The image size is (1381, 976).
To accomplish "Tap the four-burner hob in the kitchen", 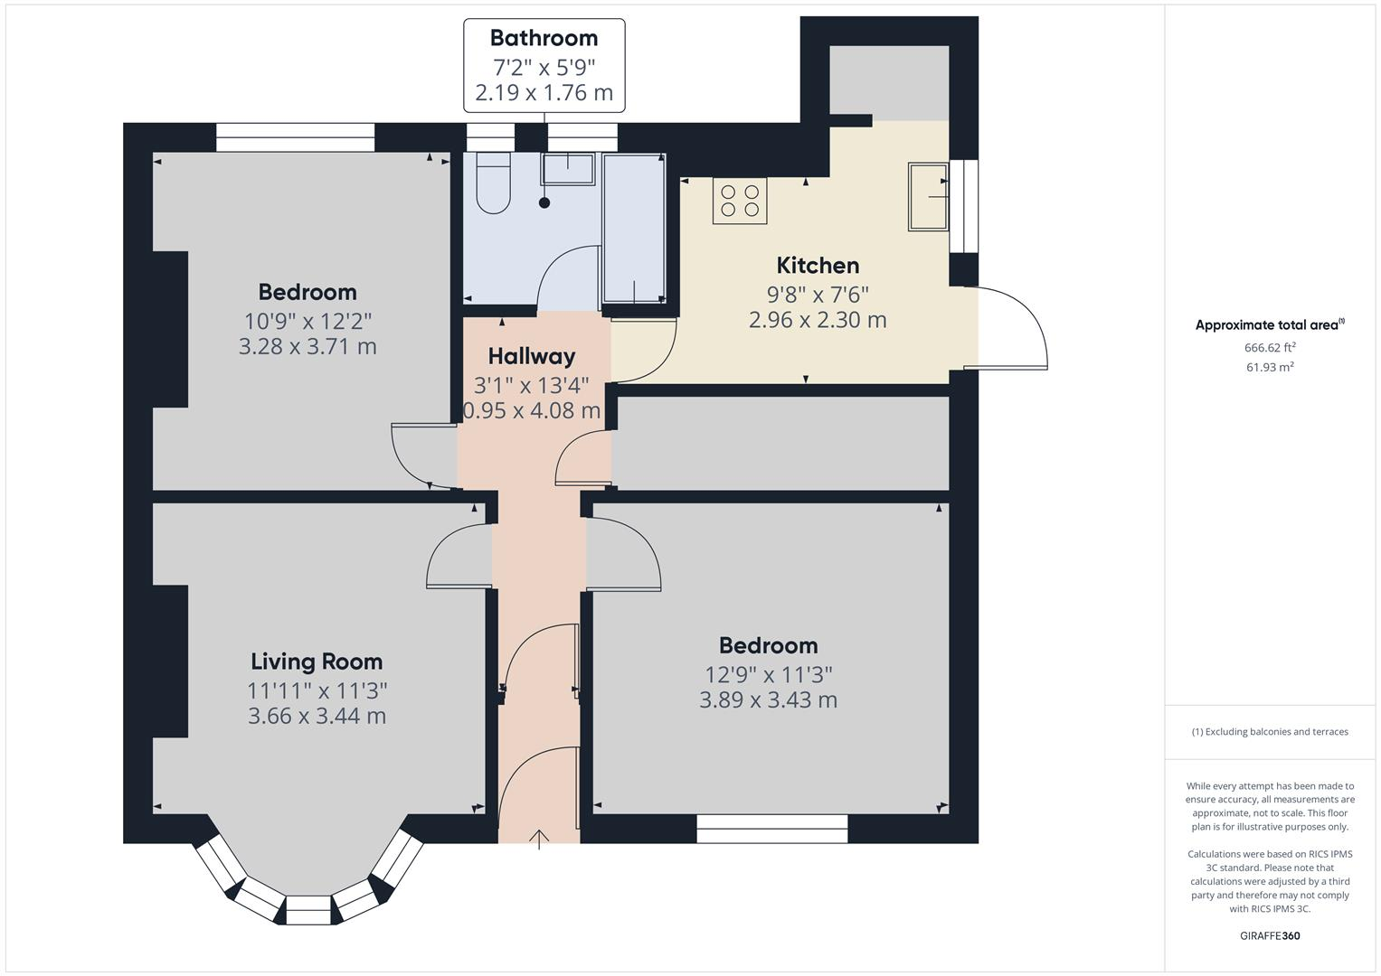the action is (740, 201).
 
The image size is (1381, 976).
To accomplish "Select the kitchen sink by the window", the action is (928, 197).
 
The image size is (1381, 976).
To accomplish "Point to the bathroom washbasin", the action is (568, 169).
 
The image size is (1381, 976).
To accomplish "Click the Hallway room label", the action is (532, 356).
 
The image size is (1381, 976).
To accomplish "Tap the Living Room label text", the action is (317, 662).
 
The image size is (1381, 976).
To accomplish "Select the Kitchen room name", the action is (818, 266).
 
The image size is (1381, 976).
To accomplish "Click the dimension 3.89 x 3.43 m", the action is (768, 700).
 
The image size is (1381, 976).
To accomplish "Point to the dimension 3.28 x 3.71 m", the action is (307, 346).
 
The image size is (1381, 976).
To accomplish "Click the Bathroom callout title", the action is (544, 38).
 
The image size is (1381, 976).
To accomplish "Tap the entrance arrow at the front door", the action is (539, 840).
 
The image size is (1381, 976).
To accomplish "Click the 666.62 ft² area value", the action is (1270, 348).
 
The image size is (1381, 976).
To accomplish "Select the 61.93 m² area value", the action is (1270, 367).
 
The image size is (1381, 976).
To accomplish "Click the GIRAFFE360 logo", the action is (1270, 936).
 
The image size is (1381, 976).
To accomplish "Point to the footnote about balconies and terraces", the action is (1270, 732).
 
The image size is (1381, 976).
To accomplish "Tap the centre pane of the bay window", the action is (308, 911).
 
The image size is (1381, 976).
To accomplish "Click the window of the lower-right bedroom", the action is (772, 829).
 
